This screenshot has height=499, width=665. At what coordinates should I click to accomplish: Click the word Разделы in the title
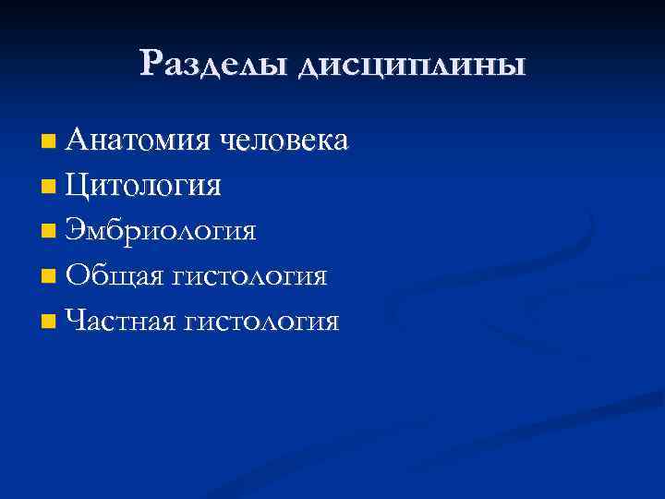[214, 65]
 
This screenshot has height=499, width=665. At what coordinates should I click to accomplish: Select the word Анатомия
[139, 140]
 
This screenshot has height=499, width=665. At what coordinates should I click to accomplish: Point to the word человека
[284, 140]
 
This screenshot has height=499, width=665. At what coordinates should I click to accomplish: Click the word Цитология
[144, 186]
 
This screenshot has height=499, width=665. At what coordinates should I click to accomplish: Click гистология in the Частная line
[263, 322]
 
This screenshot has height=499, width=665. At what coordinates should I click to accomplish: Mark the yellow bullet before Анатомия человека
[49, 142]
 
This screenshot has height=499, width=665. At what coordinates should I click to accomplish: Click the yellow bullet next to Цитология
[49, 188]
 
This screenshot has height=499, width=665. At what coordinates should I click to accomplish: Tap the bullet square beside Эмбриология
[49, 232]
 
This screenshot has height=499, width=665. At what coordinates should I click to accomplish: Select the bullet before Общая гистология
[49, 277]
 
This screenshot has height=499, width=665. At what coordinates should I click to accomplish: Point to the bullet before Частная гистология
[49, 323]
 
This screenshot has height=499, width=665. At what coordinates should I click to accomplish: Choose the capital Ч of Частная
[77, 321]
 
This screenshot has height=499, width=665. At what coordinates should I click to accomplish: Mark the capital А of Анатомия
[80, 140]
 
